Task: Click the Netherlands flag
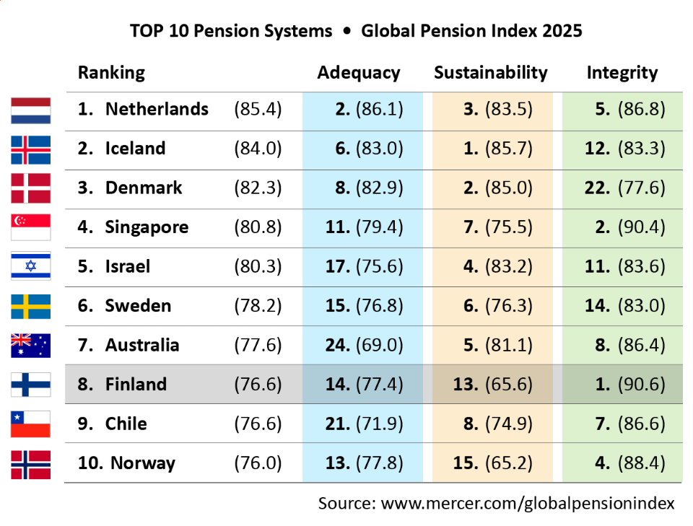30,110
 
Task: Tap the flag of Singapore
30,227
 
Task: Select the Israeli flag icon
30,266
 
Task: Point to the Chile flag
30,424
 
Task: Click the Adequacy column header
359,73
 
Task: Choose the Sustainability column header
491,73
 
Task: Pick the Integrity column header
622,73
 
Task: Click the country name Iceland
135,149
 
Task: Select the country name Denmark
144,188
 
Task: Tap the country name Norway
142,463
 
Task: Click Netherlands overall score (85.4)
258,110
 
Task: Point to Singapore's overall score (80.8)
258,227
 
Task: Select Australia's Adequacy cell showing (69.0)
363,345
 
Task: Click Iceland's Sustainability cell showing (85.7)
498,149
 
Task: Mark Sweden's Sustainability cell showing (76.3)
498,305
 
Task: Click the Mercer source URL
528,503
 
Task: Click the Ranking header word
111,73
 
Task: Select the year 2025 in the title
560,32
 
